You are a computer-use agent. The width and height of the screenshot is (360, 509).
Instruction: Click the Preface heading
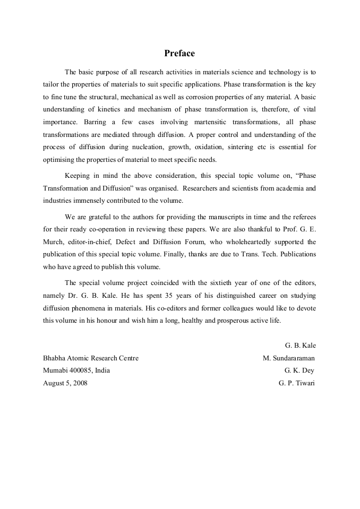(x=179, y=53)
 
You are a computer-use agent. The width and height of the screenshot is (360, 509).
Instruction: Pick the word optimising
(x=60, y=161)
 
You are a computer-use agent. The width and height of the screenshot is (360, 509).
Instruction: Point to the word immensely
(x=92, y=201)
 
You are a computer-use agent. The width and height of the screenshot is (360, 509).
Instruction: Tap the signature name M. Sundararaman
(x=289, y=358)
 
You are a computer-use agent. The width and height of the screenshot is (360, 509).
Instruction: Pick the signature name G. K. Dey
(x=300, y=370)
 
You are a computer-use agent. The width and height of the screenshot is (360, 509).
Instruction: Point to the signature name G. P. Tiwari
(x=296, y=383)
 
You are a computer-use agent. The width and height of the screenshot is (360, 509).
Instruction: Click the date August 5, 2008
(x=65, y=383)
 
